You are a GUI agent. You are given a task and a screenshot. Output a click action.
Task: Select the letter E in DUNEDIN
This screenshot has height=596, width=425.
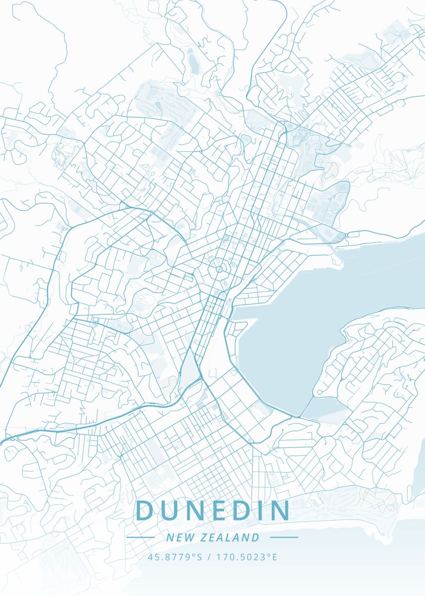pyautogui.click(x=221, y=511)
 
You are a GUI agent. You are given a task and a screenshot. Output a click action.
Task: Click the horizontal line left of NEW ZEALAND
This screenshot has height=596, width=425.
pyautogui.click(x=141, y=537)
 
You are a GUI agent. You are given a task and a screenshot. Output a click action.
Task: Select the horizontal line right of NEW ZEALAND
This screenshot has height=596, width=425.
pyautogui.click(x=284, y=537)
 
